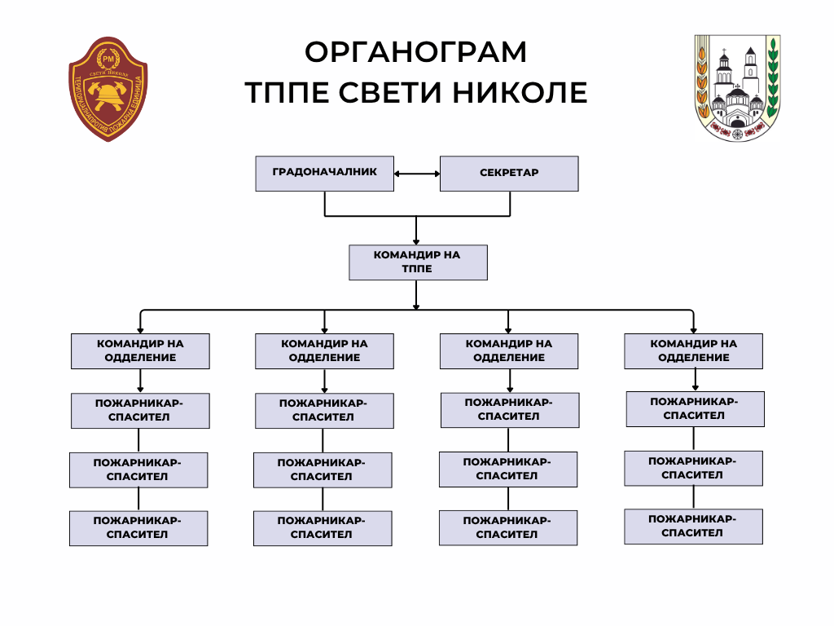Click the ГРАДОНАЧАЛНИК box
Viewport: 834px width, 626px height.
pos(324,174)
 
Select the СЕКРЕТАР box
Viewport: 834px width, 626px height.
pos(509,174)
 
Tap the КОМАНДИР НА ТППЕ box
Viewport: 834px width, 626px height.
pos(417,262)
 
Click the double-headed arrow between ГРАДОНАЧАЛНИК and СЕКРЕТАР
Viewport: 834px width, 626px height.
pos(416,174)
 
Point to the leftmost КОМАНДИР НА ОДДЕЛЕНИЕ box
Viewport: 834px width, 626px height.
pos(140,350)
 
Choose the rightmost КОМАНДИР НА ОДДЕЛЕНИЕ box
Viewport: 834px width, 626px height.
pos(693,350)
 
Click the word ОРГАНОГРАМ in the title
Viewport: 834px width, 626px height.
pos(416,52)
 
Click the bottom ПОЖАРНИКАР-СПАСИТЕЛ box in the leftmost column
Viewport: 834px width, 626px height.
pos(138,528)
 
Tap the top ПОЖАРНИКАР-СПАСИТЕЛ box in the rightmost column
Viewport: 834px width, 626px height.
pos(695,408)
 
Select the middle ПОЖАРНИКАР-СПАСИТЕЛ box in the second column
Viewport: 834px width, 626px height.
pos(323,469)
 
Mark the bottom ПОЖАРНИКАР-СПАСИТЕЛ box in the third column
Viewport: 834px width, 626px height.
pos(508,528)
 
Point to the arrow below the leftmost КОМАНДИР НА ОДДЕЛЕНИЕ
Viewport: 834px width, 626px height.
pos(140,381)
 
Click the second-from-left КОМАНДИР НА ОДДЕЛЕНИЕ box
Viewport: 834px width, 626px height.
pos(324,350)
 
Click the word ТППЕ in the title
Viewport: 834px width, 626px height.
pos(286,92)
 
